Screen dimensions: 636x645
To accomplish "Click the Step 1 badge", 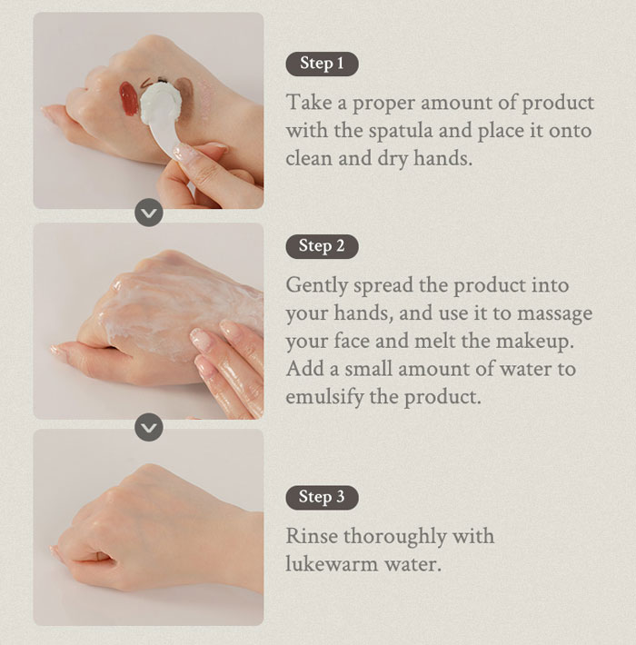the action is coord(323,64).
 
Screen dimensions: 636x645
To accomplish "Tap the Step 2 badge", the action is coord(323,246).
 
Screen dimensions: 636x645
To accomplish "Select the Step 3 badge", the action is coord(323,497).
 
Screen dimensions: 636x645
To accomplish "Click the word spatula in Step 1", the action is coord(400,131).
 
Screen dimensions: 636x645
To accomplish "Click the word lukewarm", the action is coord(332,563).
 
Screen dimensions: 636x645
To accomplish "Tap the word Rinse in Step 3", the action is coord(312,536).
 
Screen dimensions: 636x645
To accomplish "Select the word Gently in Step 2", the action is coord(316,286).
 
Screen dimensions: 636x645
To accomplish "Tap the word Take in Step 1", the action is coord(309,103).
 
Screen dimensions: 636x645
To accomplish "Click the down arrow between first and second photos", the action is coord(149,213).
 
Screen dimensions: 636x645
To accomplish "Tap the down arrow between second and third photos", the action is coord(149,427).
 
